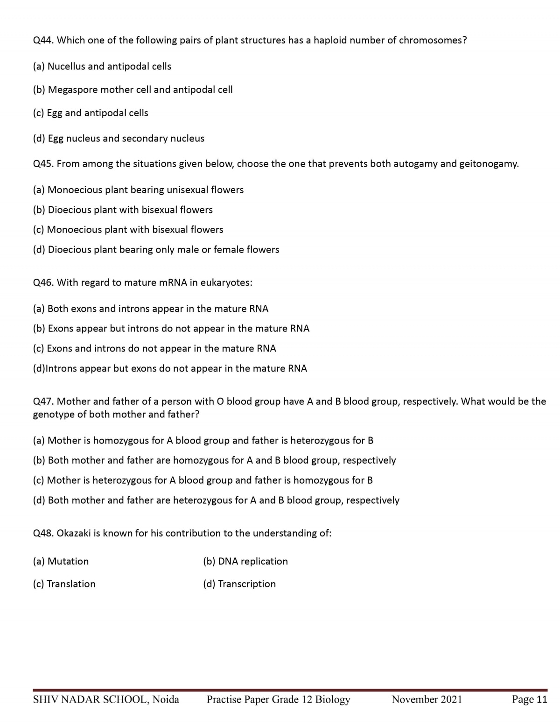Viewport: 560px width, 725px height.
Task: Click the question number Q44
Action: click(43, 40)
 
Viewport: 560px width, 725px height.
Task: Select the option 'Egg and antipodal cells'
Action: click(91, 113)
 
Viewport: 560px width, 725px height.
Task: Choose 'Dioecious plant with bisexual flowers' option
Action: click(123, 210)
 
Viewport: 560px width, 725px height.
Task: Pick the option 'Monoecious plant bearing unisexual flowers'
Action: click(138, 190)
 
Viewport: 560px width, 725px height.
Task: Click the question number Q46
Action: click(43, 282)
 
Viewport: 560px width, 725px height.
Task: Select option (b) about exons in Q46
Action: click(171, 329)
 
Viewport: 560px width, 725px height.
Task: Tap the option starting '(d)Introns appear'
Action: click(170, 368)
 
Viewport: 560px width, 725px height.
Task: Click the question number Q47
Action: click(43, 401)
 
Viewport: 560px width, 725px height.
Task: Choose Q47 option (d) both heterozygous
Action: click(216, 500)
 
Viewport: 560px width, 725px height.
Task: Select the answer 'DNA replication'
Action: click(245, 561)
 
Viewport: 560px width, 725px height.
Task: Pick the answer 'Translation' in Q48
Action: click(64, 584)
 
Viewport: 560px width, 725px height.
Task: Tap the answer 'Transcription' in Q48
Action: click(239, 584)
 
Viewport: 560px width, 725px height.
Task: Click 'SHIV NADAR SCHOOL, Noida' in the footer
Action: click(106, 699)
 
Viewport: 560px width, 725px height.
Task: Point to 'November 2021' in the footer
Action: click(427, 699)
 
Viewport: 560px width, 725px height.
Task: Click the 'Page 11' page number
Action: click(529, 699)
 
